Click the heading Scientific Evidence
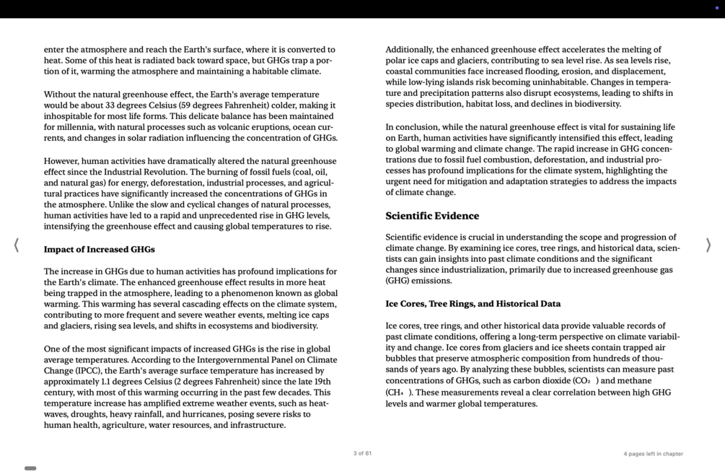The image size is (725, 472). (x=432, y=216)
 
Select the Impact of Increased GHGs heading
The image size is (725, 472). (x=99, y=250)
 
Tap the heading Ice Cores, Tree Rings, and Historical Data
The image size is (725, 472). (x=473, y=304)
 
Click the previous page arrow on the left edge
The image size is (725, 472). (x=16, y=245)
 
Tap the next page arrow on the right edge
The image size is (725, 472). (x=708, y=245)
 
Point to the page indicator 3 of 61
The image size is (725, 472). (x=362, y=454)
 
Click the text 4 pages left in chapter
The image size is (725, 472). (x=653, y=454)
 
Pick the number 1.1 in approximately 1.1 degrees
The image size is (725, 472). (x=107, y=382)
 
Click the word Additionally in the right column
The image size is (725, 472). (x=410, y=50)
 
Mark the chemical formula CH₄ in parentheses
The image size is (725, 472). (x=397, y=393)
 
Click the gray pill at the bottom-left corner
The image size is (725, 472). (x=30, y=468)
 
